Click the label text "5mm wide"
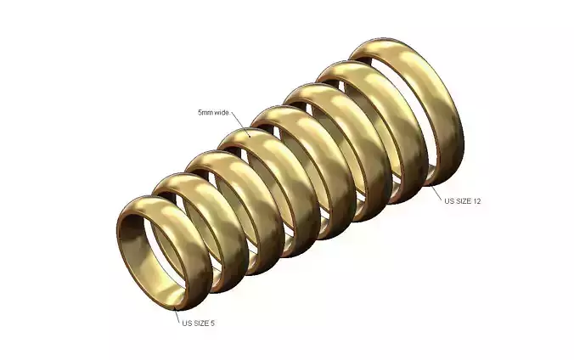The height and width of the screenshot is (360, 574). coord(214,112)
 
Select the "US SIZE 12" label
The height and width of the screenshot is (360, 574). coord(464,201)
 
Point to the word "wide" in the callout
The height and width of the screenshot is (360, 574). coord(222,112)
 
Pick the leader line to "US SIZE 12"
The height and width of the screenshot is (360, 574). coord(438,192)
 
